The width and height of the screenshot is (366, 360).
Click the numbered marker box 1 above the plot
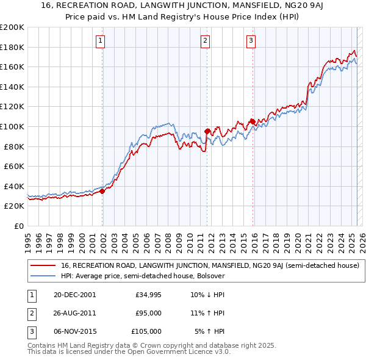(100, 41)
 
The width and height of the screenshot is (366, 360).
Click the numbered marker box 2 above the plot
(205, 41)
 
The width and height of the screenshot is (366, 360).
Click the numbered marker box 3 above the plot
(251, 41)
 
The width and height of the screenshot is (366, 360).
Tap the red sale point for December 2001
(102, 191)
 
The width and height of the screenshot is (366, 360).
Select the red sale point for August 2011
(207, 131)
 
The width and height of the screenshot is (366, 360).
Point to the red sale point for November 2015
(253, 121)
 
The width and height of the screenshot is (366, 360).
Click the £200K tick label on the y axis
(12, 27)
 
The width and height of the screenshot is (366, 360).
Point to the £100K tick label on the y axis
(12, 126)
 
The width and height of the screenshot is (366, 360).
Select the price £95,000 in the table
(148, 313)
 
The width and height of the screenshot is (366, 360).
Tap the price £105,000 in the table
(146, 331)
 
